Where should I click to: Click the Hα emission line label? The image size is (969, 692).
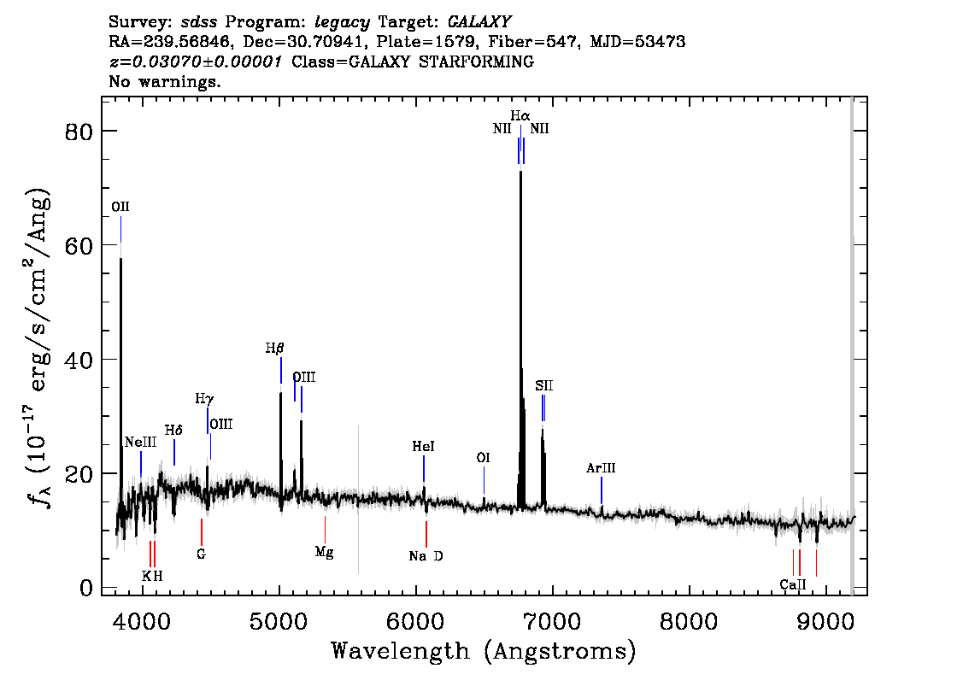pos(520,115)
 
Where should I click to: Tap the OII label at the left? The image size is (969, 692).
pos(120,207)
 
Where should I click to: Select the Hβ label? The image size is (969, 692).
pos(275,349)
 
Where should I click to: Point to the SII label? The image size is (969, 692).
pos(543,385)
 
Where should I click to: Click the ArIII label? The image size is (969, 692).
pos(602,467)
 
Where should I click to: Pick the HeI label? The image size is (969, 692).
pos(423,446)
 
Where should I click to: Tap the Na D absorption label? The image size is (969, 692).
pos(426,556)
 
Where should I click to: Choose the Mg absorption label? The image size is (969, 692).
pos(325,552)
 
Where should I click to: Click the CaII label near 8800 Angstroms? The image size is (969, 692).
pos(793,584)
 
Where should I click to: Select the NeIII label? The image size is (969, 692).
pos(141,442)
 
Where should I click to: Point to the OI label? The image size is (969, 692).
pos(484,458)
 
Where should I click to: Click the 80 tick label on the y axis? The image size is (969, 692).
pos(79,131)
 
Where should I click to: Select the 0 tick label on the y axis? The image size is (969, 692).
pos(86,588)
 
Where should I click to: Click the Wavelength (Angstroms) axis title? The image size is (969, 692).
pos(484,651)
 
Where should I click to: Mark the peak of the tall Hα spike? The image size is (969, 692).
pos(520,171)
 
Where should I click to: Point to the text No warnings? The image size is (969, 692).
pos(164,81)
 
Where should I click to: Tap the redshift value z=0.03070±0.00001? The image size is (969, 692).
pos(196,62)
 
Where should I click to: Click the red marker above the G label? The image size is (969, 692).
pos(202,532)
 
